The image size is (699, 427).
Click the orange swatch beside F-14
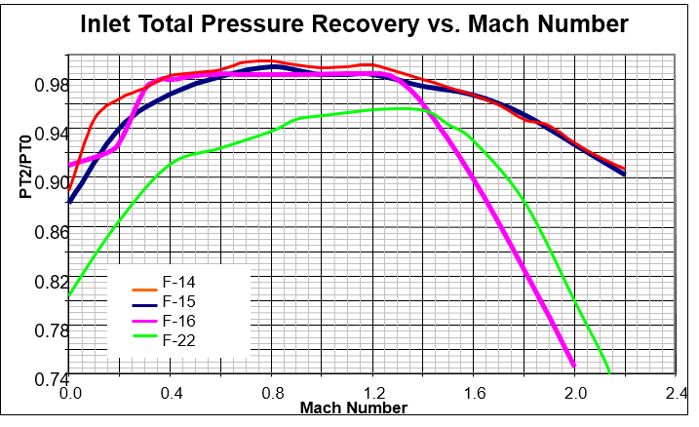tap(144, 289)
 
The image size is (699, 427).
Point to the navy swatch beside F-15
tap(144, 307)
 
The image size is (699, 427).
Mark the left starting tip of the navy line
tap(69, 202)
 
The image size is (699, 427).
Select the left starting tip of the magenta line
tap(70, 164)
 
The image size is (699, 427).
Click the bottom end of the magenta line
tap(573, 367)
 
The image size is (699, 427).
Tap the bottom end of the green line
tap(609, 371)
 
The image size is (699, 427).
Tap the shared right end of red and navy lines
tap(624, 171)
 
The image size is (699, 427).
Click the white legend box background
tap(224, 312)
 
